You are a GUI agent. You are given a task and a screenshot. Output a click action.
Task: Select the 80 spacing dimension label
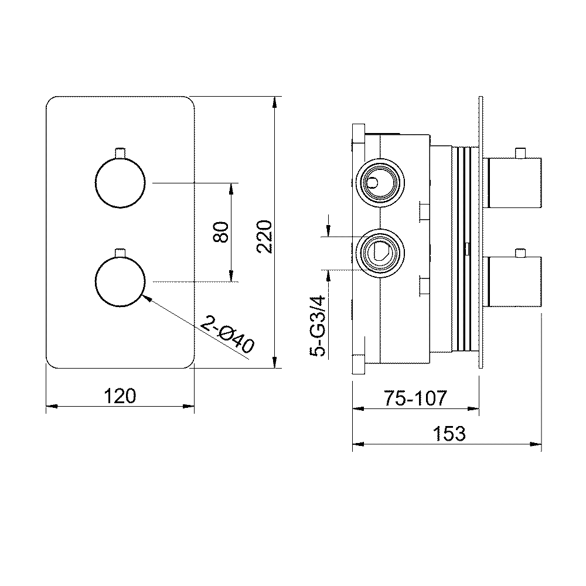(221, 233)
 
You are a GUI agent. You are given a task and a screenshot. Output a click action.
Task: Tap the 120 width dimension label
(120, 396)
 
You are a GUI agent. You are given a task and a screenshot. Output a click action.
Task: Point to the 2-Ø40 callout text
(227, 336)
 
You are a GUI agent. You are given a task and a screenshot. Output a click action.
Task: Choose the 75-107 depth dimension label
(416, 398)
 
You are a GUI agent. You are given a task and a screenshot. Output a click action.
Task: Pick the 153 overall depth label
(449, 434)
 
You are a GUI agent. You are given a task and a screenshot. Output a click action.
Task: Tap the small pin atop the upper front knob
(121, 152)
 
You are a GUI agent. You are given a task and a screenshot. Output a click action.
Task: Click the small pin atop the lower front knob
(121, 252)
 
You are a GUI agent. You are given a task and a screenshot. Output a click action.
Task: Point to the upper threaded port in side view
(380, 182)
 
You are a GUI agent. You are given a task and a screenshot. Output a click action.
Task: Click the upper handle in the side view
(515, 182)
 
